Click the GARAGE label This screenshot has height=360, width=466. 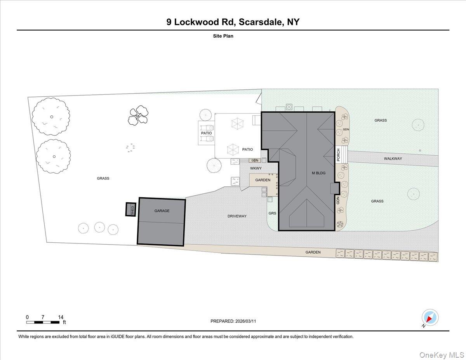(x=162, y=211)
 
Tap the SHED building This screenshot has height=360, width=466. (x=130, y=210)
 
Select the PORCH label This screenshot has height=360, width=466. (x=338, y=155)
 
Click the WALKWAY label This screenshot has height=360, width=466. (x=393, y=158)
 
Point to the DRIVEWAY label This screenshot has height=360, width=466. (x=237, y=216)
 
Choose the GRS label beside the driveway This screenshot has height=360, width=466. (x=272, y=213)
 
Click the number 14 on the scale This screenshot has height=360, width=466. (x=61, y=317)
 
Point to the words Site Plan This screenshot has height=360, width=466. (x=223, y=36)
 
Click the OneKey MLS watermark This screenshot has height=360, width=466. (x=443, y=355)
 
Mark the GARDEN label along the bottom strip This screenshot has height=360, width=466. (x=313, y=252)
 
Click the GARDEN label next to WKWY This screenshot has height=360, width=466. (x=263, y=180)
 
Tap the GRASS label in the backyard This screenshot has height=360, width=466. (x=103, y=178)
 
